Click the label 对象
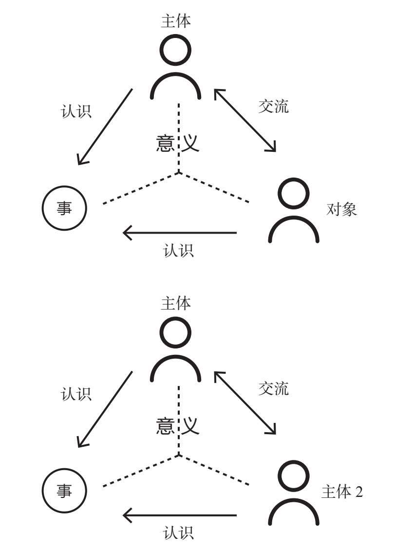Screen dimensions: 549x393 click(342, 210)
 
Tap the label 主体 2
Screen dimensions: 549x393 click(342, 492)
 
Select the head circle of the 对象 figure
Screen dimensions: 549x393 click(294, 194)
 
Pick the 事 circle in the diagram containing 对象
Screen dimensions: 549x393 click(64, 209)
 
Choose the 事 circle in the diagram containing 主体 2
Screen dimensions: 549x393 click(64, 492)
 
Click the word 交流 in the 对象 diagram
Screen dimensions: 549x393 click(273, 107)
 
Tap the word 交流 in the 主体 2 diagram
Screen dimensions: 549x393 click(273, 388)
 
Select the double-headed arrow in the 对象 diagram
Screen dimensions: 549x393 click(245, 120)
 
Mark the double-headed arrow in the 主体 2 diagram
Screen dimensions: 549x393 click(245, 403)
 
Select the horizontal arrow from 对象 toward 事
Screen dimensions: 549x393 click(180, 233)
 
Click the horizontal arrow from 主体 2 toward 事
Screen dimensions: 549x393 click(180, 515)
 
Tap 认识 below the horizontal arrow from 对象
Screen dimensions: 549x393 click(179, 251)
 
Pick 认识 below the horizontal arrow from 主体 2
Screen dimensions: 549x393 click(179, 532)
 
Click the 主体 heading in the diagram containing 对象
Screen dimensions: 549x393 click(175, 21)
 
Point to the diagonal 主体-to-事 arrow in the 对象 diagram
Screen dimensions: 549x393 click(105, 127)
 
